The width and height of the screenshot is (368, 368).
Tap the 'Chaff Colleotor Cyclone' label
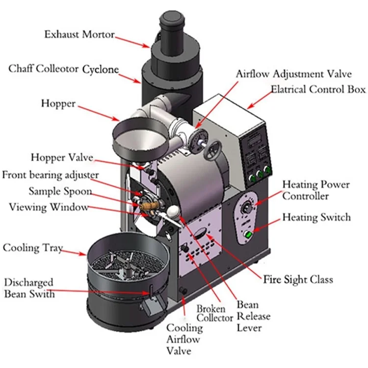tap(63, 69)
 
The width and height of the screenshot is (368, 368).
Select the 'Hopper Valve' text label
tap(61, 158)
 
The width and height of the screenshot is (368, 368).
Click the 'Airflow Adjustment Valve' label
tap(293, 75)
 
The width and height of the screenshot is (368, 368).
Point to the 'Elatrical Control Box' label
tap(318, 89)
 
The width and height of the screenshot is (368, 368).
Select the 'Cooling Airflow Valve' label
tap(184, 339)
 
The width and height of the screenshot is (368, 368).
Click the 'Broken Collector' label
tap(214, 313)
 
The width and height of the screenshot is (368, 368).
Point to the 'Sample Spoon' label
tap(60, 191)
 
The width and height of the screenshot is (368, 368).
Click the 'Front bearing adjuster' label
tap(50, 175)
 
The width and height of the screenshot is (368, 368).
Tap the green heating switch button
tap(249, 235)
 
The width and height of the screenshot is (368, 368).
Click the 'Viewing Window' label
tap(49, 207)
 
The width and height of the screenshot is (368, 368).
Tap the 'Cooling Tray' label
tap(32, 248)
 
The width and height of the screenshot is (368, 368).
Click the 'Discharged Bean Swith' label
tap(29, 289)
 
